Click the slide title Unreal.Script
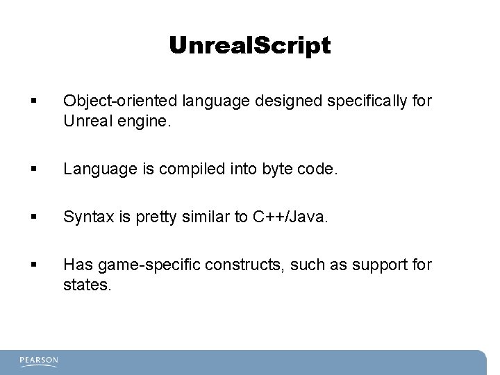(250, 46)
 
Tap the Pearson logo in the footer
(39, 361)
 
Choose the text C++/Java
(288, 217)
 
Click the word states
(86, 285)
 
